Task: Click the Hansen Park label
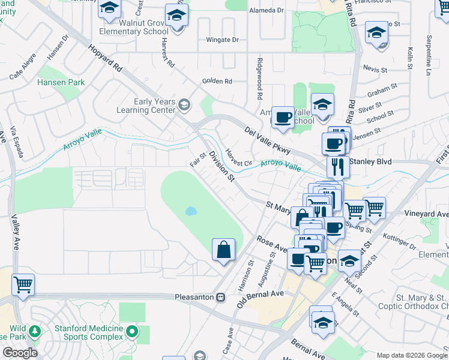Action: (61, 82)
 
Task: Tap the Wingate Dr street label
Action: (222, 40)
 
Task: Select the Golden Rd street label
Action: (217, 81)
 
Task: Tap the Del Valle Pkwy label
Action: (267, 141)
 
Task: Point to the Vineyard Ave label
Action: (426, 214)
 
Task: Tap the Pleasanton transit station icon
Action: (220, 297)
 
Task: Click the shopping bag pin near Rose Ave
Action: (223, 249)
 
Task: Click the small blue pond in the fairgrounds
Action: (190, 211)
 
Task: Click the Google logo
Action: (19, 353)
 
